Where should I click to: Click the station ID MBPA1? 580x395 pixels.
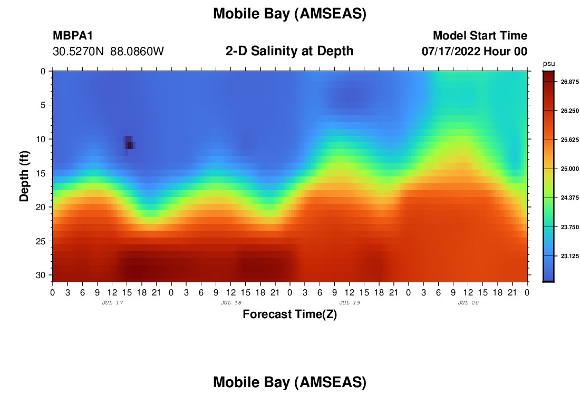(73, 35)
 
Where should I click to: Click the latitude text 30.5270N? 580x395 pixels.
(78, 52)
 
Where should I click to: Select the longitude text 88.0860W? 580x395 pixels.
(137, 52)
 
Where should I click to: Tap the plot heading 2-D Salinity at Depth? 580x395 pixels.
(289, 51)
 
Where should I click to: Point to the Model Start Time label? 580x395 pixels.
(480, 35)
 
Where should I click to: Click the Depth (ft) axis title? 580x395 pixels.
(24, 176)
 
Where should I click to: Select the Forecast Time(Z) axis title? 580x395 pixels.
(289, 314)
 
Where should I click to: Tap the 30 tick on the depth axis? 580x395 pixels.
(41, 275)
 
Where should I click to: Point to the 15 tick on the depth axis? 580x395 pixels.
(41, 173)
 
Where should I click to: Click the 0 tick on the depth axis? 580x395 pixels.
(43, 71)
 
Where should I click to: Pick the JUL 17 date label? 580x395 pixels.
(112, 303)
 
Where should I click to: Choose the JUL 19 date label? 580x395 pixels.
(350, 303)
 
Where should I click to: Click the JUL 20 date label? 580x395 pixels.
(468, 303)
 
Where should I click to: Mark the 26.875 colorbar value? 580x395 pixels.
(569, 82)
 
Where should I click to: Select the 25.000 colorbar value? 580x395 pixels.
(569, 169)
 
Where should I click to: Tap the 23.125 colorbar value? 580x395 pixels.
(569, 256)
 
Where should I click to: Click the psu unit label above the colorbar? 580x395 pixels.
(549, 64)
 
